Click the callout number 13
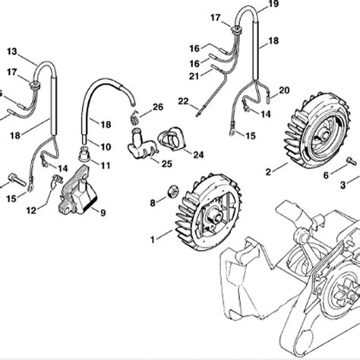11,51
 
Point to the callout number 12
30,210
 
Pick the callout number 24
198,154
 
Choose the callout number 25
167,163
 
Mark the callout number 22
182,101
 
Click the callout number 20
284,90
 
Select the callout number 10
106,147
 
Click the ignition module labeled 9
79,191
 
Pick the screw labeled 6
351,161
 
